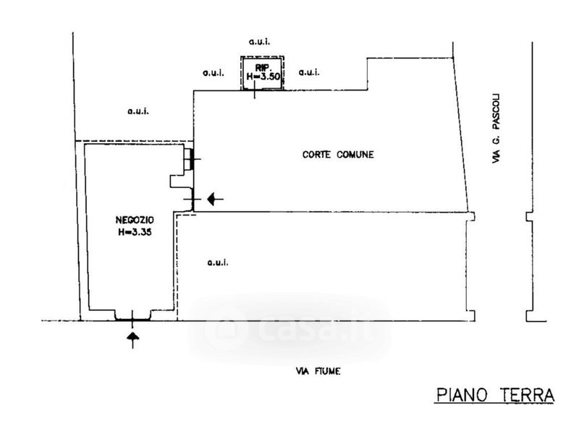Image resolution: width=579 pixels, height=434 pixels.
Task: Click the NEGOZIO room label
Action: click(133, 221)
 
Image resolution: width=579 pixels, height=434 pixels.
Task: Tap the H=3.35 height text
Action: click(133, 233)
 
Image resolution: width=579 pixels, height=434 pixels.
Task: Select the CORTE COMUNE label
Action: click(338, 155)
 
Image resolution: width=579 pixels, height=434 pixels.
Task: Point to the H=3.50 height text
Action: click(263, 76)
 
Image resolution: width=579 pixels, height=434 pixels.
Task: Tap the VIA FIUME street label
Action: click(318, 371)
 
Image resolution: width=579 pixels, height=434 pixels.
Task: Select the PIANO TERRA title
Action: click(495, 396)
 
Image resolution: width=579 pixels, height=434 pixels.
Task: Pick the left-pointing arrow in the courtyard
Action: click(215, 199)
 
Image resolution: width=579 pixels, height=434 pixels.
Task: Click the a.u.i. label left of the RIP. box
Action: click(212, 72)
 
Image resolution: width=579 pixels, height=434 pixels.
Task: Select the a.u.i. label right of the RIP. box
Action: click(309, 72)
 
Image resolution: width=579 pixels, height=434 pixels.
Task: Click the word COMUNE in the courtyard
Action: click(354, 155)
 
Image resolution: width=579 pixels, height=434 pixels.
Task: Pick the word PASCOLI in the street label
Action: click(497, 112)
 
